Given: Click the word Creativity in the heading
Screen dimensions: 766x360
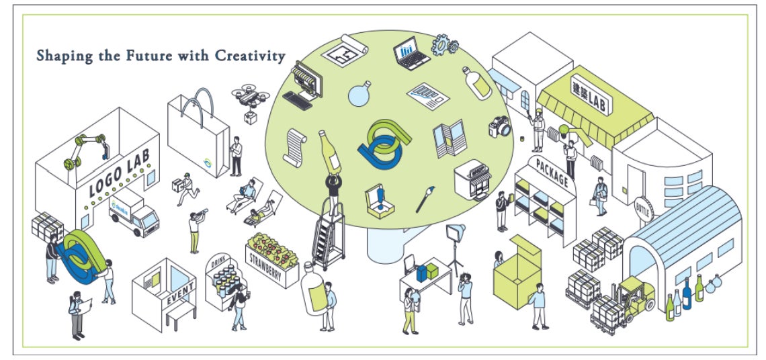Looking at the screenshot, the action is (250, 56).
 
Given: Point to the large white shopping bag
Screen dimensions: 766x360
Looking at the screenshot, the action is (198, 138).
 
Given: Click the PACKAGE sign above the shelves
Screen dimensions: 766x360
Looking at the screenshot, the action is (552, 172).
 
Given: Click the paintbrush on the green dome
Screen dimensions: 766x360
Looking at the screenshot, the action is (426, 199).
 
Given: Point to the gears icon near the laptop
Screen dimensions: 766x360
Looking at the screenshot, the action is (444, 44).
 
